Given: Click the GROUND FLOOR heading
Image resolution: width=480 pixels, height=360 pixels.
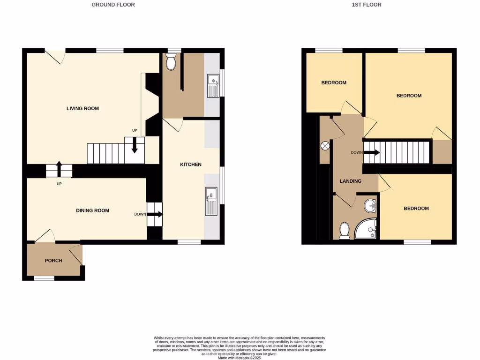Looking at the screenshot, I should [113, 5].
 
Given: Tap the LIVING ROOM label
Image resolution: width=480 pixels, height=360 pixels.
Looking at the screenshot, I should [82, 108].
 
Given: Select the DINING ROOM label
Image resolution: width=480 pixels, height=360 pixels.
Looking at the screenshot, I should [92, 210].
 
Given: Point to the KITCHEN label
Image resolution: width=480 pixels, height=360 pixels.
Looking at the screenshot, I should [191, 165].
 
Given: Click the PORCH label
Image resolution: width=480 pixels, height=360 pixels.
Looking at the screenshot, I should [53, 261].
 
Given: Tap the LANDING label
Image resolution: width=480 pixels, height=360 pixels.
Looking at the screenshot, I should [350, 181].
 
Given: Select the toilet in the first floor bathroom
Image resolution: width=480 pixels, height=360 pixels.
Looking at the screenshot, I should [345, 231].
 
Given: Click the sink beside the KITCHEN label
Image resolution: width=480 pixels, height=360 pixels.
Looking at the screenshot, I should [211, 201].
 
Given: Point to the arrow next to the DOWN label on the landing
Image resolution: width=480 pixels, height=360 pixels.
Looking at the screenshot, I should [371, 152].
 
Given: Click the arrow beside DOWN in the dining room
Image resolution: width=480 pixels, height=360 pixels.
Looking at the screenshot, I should [155, 214].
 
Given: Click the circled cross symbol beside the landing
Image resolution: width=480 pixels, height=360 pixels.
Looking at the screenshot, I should [325, 145].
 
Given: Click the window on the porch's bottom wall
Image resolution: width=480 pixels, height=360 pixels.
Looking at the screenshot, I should [44, 278].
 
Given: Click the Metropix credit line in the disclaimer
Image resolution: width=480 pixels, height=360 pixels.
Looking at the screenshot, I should [240, 357].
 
